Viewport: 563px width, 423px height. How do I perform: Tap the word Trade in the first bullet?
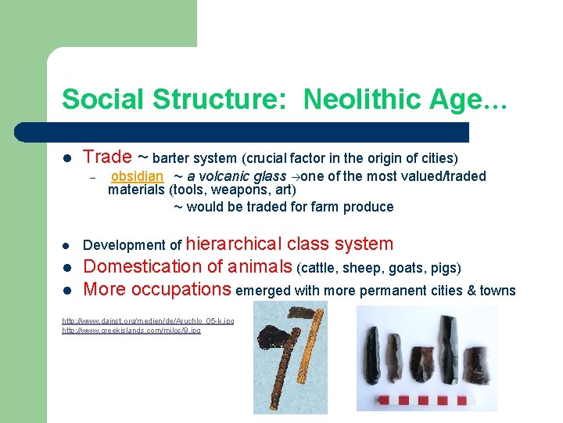click(106, 157)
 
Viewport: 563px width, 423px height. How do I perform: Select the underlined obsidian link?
click(138, 177)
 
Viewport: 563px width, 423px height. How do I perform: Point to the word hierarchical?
click(235, 244)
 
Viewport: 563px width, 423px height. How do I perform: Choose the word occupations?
click(180, 289)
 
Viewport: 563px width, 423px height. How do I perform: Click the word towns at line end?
click(498, 291)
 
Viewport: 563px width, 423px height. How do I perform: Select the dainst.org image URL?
click(148, 321)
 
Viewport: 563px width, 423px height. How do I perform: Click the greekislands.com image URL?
click(131, 331)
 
